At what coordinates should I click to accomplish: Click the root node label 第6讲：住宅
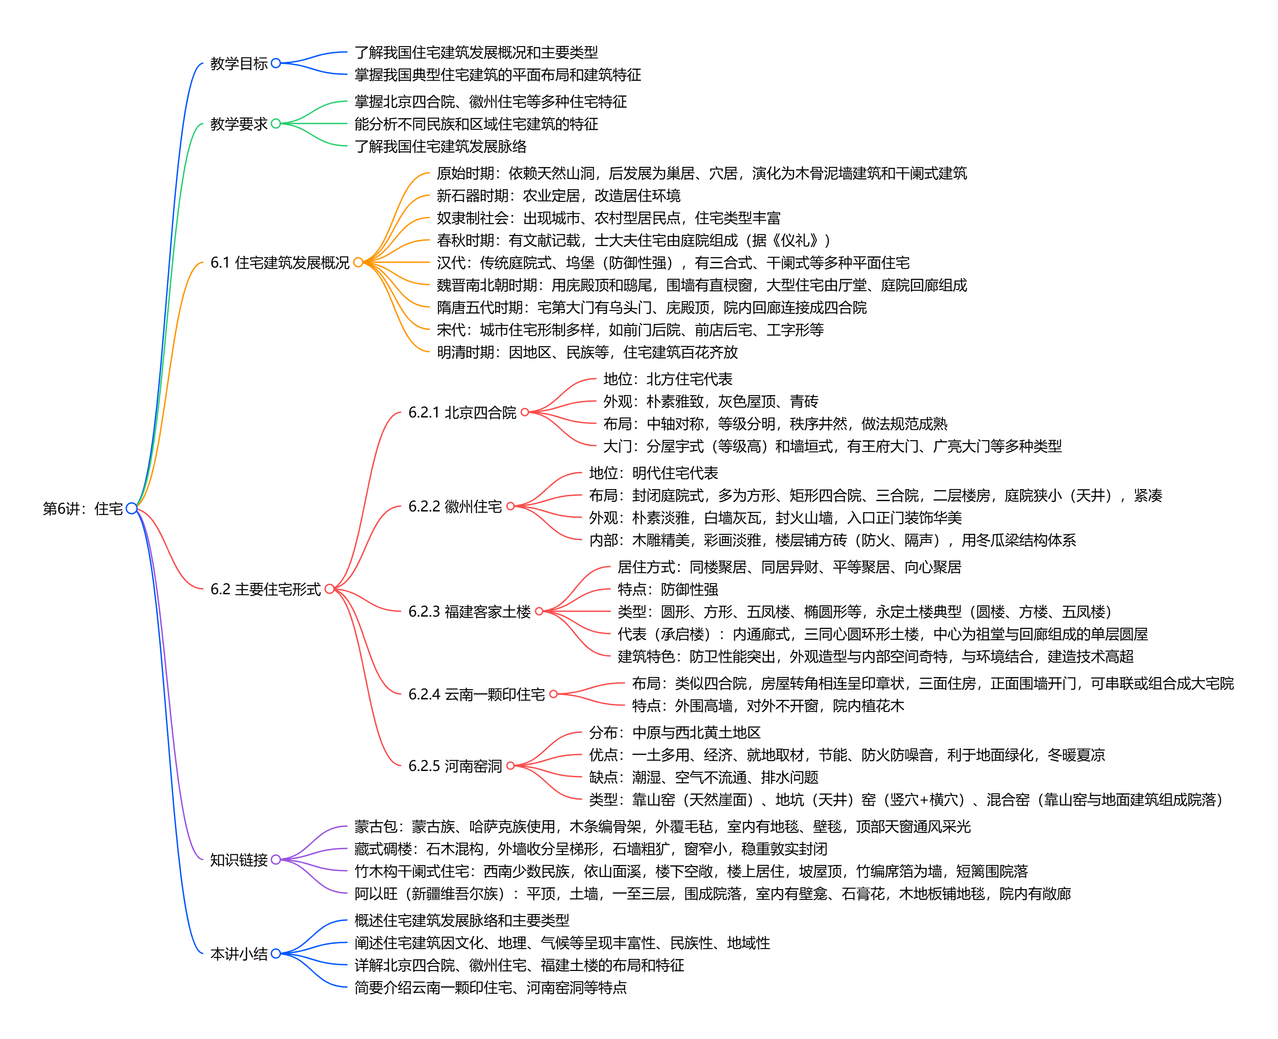83,509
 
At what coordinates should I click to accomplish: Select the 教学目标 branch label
238,64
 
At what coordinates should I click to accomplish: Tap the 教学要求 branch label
238,124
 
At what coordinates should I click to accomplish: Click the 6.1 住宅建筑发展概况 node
280,263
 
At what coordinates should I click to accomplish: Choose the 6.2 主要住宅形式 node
265,589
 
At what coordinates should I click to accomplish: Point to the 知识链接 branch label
238,860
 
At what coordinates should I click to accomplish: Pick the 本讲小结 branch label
238,954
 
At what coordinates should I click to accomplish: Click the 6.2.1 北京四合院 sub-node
462,413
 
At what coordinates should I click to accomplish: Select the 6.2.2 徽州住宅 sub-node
455,507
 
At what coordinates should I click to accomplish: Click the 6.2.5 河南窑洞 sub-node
455,766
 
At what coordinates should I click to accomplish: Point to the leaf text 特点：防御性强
668,589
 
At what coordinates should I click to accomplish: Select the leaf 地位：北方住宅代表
668,379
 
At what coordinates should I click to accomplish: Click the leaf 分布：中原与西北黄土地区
674,732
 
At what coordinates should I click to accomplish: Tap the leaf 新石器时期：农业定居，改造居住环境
558,196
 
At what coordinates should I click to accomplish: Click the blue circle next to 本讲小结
275,954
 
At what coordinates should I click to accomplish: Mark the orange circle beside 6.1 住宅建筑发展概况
358,262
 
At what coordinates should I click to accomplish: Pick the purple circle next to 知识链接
275,860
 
